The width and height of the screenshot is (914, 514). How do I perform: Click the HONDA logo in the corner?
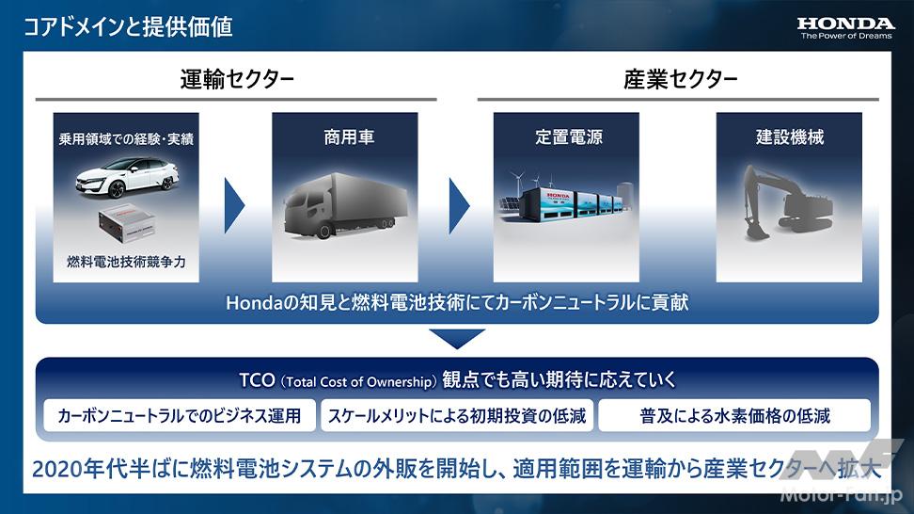point(845,28)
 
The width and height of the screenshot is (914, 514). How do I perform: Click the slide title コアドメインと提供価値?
point(128,27)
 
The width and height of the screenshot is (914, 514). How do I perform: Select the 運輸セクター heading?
point(237,79)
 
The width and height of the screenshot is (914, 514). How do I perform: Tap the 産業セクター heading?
point(680,79)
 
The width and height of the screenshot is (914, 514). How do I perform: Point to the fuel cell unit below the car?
point(127,224)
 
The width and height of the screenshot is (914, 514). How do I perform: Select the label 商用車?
point(349,137)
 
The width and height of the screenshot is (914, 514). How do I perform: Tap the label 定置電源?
point(569,137)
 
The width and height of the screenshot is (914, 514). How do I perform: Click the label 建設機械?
point(790,137)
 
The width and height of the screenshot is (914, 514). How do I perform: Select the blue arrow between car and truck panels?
point(234,205)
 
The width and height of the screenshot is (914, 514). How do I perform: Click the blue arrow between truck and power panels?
point(459,205)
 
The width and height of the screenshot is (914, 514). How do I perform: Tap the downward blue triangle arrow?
point(457,338)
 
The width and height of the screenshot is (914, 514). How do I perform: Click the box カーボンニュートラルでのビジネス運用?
point(180,415)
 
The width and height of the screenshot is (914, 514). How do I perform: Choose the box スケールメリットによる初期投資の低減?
point(457,415)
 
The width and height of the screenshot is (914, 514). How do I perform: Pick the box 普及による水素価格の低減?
point(734,415)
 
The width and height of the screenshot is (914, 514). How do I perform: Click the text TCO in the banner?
point(257,380)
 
